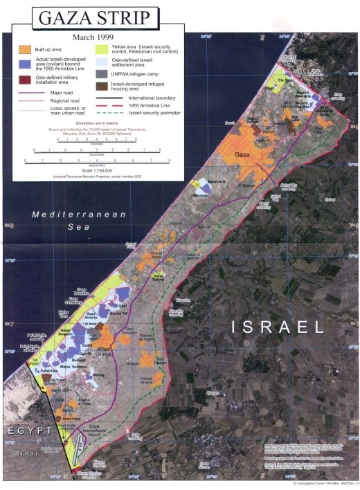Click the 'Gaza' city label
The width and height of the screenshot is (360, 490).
242,154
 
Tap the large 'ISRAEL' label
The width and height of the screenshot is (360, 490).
278,326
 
